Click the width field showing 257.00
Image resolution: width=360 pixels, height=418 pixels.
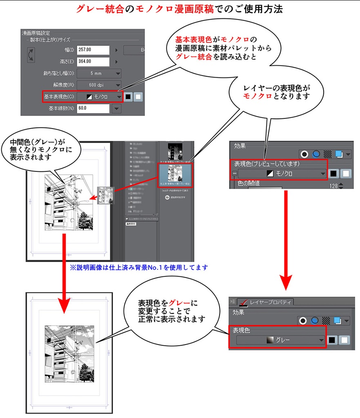click(93, 50)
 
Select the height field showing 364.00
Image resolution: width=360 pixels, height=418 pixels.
click(93, 62)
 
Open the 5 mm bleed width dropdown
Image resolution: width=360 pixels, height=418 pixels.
click(98, 73)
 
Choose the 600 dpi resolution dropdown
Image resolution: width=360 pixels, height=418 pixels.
click(98, 85)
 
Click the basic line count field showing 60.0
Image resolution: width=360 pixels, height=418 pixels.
click(93, 109)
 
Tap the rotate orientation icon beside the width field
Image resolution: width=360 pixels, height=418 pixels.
click(31, 56)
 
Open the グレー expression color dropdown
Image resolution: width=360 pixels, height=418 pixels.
click(281, 340)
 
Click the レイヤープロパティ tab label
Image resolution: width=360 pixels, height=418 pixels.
click(272, 302)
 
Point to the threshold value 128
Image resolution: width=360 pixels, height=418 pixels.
click(334, 186)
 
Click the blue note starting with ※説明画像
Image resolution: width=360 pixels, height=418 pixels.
click(139, 268)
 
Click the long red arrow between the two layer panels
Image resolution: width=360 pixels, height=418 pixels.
click(287, 237)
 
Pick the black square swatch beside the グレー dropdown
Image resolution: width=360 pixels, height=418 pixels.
click(333, 340)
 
